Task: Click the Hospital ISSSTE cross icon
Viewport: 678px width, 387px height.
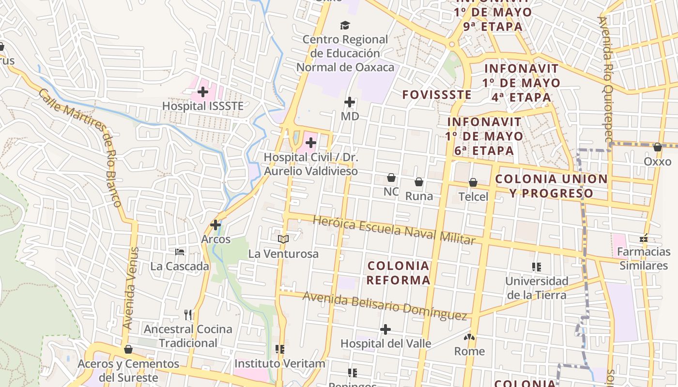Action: point(203,91)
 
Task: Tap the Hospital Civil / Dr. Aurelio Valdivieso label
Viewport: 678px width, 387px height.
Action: point(310,164)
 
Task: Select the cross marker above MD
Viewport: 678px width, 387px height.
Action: point(349,102)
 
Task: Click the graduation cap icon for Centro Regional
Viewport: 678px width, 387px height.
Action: point(344,25)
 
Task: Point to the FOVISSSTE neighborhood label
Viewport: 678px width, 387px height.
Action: point(436,95)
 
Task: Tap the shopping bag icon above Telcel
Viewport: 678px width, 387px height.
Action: point(473,182)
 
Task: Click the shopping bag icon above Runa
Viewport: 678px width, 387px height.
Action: point(419,182)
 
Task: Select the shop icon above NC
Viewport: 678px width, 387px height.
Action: point(391,178)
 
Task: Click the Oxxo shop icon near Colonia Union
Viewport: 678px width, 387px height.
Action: point(657,147)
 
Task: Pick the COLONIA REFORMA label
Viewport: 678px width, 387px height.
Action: point(398,273)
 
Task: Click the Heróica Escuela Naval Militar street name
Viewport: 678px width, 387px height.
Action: point(394,230)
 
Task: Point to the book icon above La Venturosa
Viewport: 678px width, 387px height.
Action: point(283,239)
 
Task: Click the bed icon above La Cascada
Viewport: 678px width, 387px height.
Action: point(180,252)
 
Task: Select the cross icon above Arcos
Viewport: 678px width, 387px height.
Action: point(216,225)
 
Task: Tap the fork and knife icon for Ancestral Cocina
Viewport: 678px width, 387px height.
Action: point(188,315)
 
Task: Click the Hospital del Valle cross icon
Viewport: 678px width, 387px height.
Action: point(385,329)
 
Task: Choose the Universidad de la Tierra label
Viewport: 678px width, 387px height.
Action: point(537,288)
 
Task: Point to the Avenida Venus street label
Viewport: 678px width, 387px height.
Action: point(131,289)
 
